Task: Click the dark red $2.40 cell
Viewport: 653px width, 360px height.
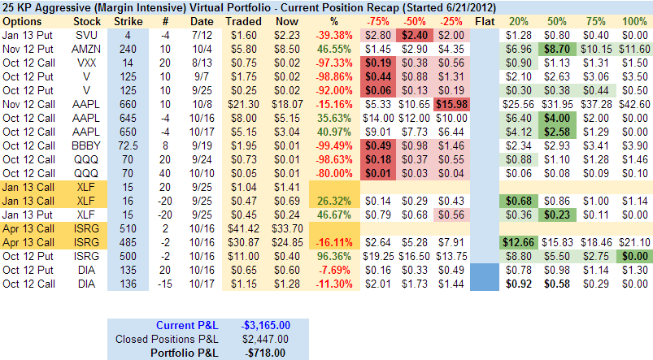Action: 412,34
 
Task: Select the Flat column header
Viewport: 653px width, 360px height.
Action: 483,19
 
